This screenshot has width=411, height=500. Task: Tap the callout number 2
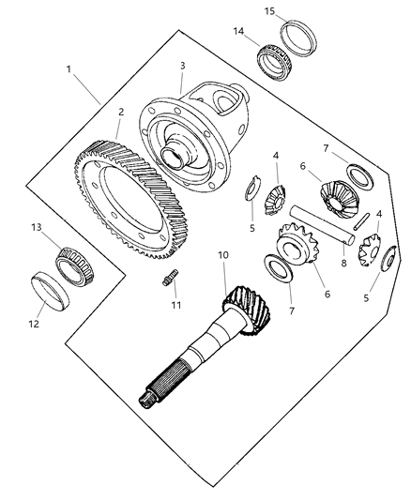click(x=120, y=113)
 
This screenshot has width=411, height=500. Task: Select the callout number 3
click(x=183, y=67)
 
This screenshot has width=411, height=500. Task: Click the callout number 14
click(x=238, y=31)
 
